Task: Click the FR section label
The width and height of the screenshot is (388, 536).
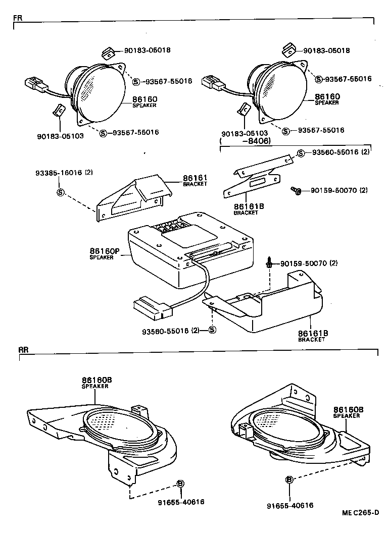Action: point(17,17)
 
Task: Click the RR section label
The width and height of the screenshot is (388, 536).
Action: point(23,349)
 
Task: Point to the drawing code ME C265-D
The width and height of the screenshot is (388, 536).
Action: point(359,512)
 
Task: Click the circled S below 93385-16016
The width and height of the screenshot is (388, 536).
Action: point(60,192)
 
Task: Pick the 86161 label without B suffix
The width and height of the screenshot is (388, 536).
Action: point(192,178)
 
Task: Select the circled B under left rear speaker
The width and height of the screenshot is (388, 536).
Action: point(180,484)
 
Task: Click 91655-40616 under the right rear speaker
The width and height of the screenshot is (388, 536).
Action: point(290,505)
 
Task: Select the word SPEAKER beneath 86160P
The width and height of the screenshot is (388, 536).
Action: point(102,257)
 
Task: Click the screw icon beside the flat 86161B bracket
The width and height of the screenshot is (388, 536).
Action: point(296,191)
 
